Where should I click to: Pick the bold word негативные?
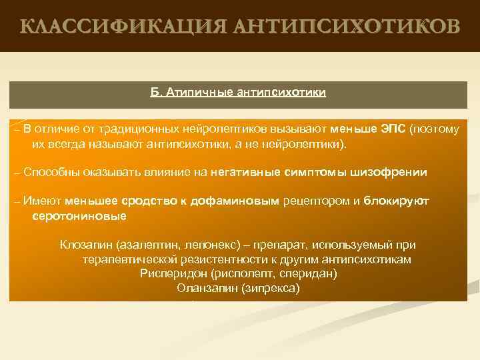pos(247,171)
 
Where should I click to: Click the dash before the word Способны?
pos(17,171)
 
